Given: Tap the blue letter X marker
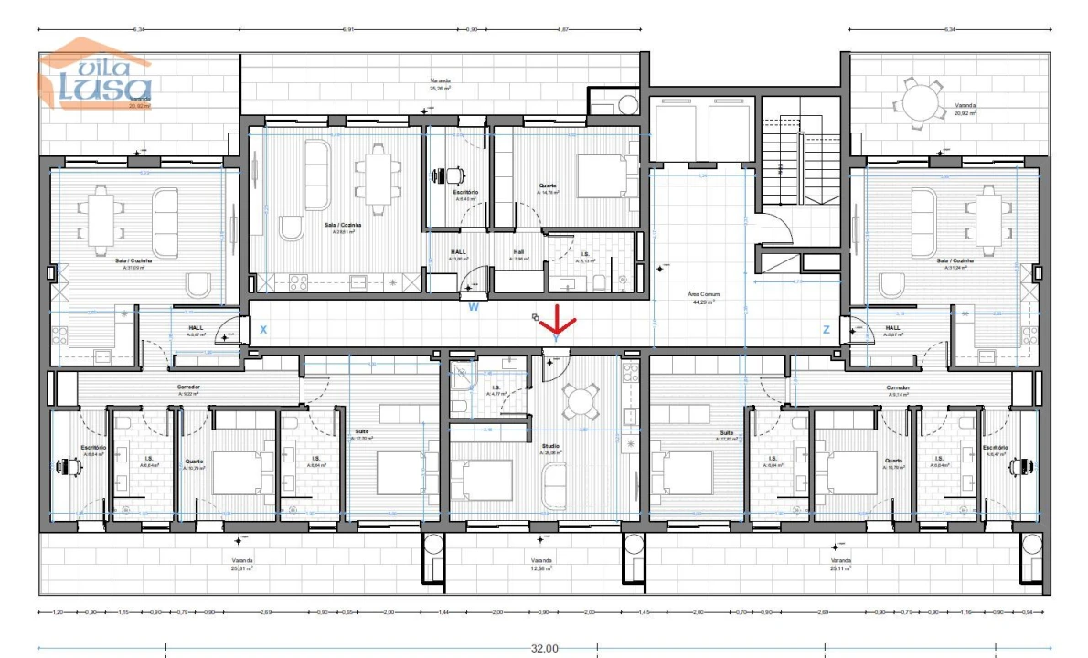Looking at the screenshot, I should [263, 329].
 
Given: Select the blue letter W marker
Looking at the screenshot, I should [474, 307].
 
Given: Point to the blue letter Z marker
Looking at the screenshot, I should [826, 329].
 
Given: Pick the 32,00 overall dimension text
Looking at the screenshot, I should [545, 648].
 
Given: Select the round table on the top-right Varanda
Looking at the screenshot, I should [919, 100].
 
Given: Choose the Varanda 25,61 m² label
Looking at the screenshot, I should [242, 565].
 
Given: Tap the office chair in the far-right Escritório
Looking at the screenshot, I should [1019, 466].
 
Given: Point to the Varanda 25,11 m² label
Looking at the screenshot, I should [840, 565].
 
